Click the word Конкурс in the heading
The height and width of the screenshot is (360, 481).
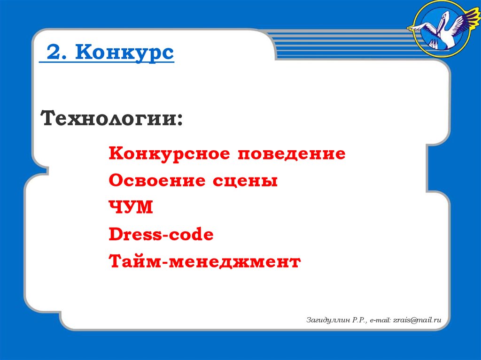point(125,54)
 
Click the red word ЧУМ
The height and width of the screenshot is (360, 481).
point(131,207)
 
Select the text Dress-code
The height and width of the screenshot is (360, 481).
point(161,234)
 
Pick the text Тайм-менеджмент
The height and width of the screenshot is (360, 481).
point(204,261)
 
